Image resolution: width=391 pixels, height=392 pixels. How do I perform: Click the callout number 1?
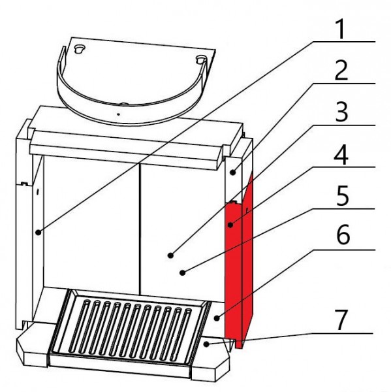[341, 29]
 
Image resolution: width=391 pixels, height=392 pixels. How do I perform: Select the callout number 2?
[341, 71]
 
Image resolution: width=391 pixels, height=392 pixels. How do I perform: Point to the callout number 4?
[341, 154]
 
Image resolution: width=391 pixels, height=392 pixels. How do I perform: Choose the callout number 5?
[342, 196]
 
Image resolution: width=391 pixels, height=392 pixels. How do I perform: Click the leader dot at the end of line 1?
[38, 233]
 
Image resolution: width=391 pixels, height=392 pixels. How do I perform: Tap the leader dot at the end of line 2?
[233, 172]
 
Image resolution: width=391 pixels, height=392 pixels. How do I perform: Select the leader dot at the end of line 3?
[170, 255]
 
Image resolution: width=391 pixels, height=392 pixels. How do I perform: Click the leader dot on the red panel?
[230, 225]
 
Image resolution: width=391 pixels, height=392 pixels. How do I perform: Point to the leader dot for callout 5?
[183, 272]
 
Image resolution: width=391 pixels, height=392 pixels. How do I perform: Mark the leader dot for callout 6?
[217, 318]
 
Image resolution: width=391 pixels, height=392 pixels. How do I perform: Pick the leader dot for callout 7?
[206, 344]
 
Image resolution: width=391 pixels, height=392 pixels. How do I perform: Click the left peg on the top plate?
[80, 49]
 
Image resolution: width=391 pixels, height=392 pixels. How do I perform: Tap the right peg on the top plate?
[201, 59]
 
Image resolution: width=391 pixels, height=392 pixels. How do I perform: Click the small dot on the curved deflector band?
[118, 114]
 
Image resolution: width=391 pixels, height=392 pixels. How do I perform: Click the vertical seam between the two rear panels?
[140, 229]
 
